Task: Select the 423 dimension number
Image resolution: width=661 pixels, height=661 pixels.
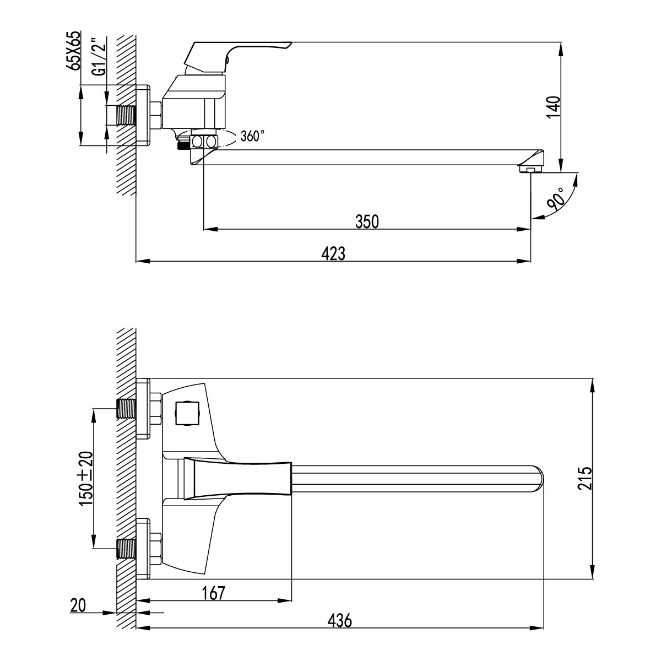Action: [x=333, y=253]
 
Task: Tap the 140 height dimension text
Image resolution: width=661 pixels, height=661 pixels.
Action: [x=552, y=107]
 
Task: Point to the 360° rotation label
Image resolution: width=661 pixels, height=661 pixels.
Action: [x=252, y=136]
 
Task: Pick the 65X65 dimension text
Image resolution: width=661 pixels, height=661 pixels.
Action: [x=73, y=50]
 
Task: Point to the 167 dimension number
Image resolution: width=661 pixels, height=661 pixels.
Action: [x=213, y=593]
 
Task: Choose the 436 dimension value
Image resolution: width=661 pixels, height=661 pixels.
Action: [x=339, y=620]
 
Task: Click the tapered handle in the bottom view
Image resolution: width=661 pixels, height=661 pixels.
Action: [x=237, y=479]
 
